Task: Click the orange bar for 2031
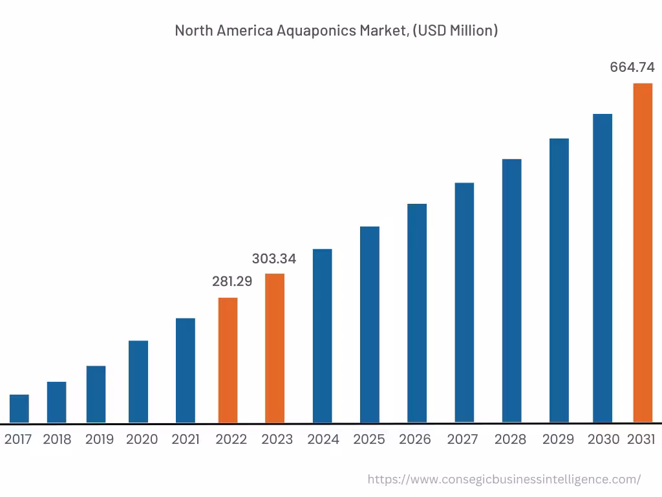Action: (x=642, y=253)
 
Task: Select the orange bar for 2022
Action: (x=228, y=360)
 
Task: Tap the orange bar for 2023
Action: (x=275, y=348)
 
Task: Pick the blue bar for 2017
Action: (x=19, y=408)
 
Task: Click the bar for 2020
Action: (x=138, y=382)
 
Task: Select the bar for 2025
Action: (x=370, y=325)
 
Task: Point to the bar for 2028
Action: (x=511, y=291)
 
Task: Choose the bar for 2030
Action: (x=603, y=269)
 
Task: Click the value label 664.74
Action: (x=632, y=67)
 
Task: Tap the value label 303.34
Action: (x=274, y=259)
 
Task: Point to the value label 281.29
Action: (x=232, y=282)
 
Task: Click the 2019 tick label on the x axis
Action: (x=100, y=439)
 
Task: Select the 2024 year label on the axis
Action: (x=323, y=439)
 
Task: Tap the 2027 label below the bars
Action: (x=463, y=439)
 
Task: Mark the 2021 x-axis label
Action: (x=186, y=439)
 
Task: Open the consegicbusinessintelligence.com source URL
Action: (x=504, y=480)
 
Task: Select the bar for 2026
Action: (x=417, y=313)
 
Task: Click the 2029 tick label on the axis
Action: (x=558, y=439)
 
